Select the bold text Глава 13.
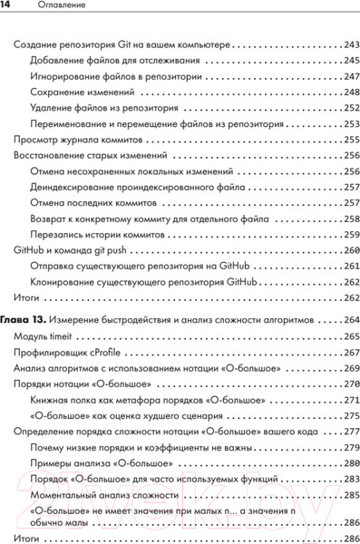(20, 320)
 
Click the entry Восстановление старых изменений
(87, 155)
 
